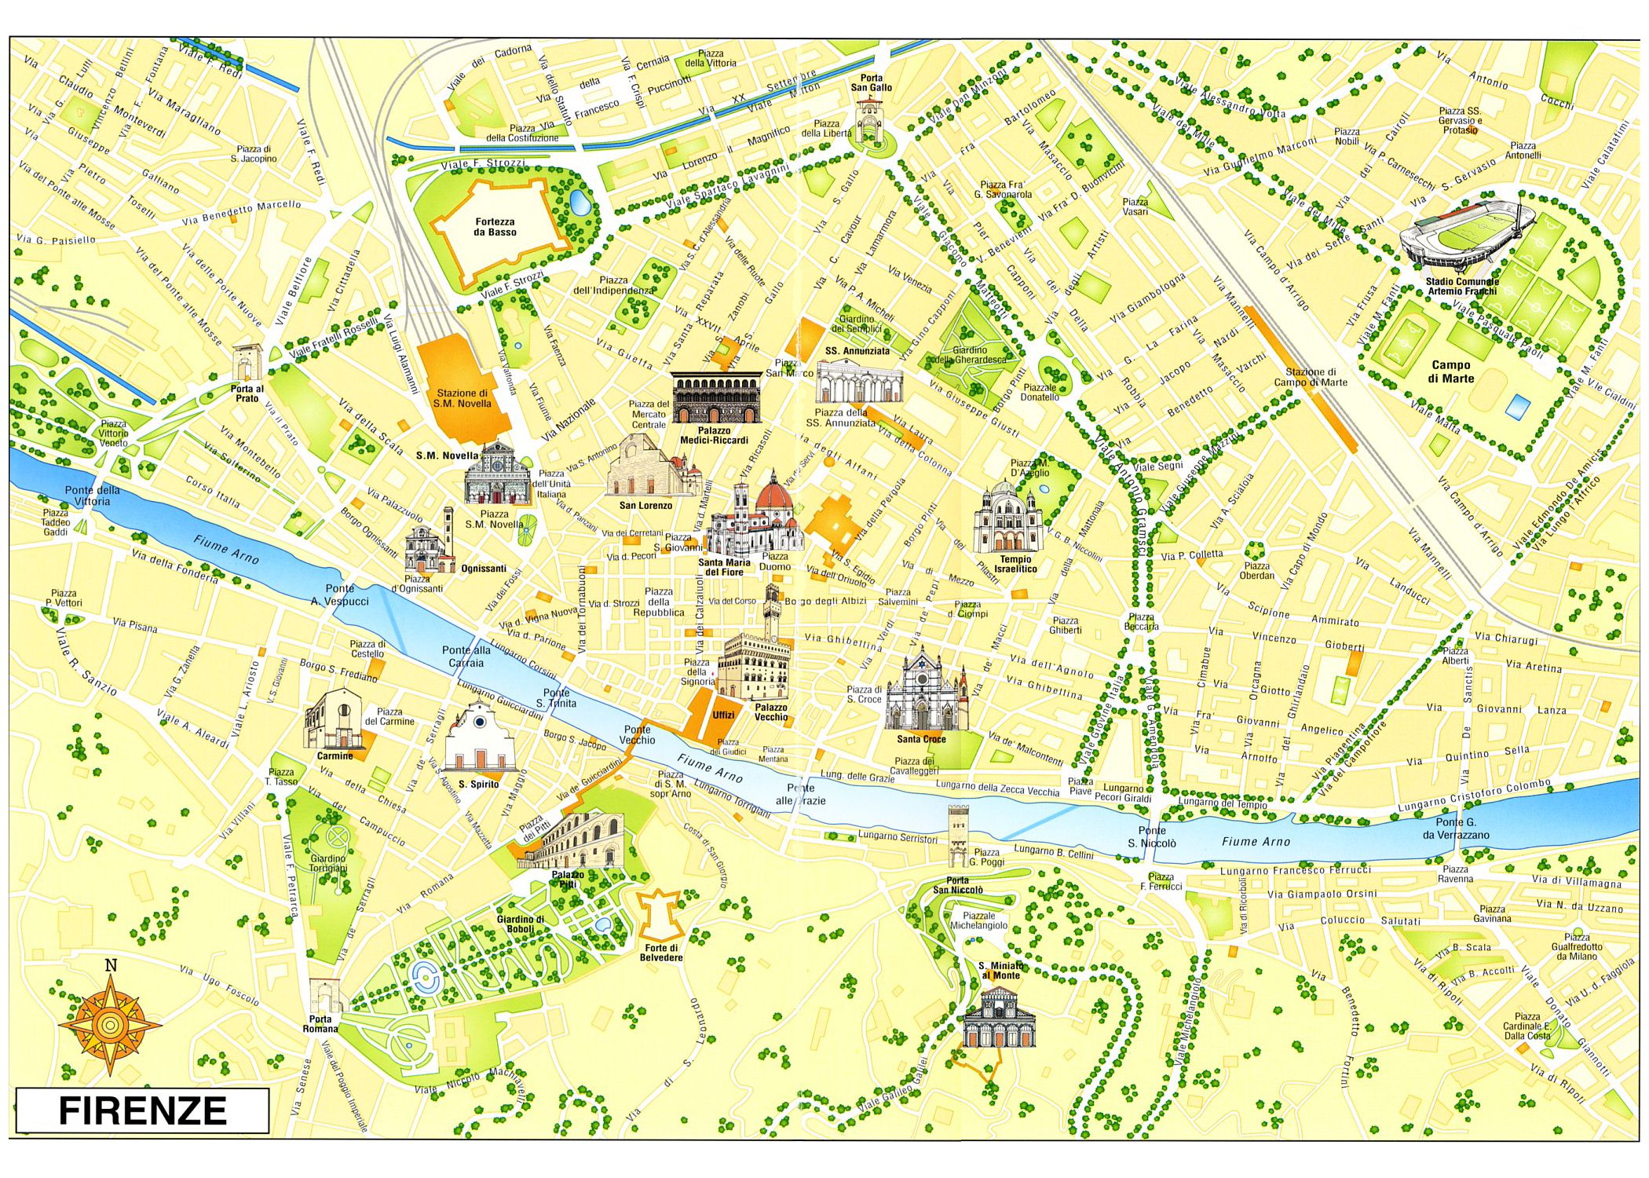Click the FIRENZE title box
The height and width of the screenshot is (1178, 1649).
[x=142, y=1110]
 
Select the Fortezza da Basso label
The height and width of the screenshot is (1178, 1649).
[x=495, y=227]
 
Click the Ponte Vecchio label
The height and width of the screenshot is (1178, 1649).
[x=637, y=734]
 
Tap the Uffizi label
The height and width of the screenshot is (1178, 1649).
[x=723, y=715]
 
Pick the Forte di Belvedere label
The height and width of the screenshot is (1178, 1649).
[x=660, y=953]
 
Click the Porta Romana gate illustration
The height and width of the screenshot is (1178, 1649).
[x=324, y=996]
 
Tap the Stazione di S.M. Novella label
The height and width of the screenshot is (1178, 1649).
[x=463, y=398]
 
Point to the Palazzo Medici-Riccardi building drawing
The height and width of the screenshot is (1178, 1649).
[x=716, y=398]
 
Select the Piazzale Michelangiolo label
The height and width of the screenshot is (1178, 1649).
[x=978, y=920]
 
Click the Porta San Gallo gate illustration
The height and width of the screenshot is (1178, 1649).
[x=870, y=122]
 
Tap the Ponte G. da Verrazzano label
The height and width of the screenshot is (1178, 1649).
[x=1455, y=829]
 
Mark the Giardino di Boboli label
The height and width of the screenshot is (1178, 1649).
[x=520, y=924]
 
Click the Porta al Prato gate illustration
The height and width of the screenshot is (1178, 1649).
[x=247, y=363]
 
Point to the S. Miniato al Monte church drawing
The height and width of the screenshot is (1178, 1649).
[x=1000, y=1017]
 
